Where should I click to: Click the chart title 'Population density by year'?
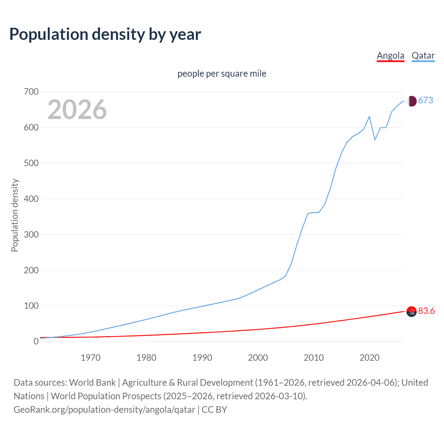(x=105, y=34)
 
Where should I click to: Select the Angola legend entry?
(x=390, y=55)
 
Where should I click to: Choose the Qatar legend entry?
(x=423, y=55)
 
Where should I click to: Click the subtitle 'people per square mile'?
(x=222, y=74)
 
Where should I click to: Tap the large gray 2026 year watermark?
(x=77, y=110)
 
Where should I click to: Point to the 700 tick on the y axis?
(x=31, y=92)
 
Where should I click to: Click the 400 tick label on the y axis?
(x=31, y=199)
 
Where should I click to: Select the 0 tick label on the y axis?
(x=36, y=342)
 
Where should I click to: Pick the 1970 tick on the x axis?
(x=91, y=358)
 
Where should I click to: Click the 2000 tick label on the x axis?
(x=258, y=358)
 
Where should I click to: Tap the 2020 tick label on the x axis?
(x=369, y=358)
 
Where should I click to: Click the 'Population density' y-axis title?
(x=15, y=215)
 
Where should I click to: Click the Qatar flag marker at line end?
(x=411, y=101)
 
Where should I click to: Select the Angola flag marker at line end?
(x=411, y=312)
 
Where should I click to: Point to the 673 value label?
(x=426, y=101)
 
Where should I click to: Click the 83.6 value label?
(x=426, y=311)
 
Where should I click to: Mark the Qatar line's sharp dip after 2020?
(x=375, y=139)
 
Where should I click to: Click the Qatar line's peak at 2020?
(x=369, y=117)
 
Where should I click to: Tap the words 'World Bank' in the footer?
(x=92, y=383)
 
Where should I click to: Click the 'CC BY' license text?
(x=214, y=410)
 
